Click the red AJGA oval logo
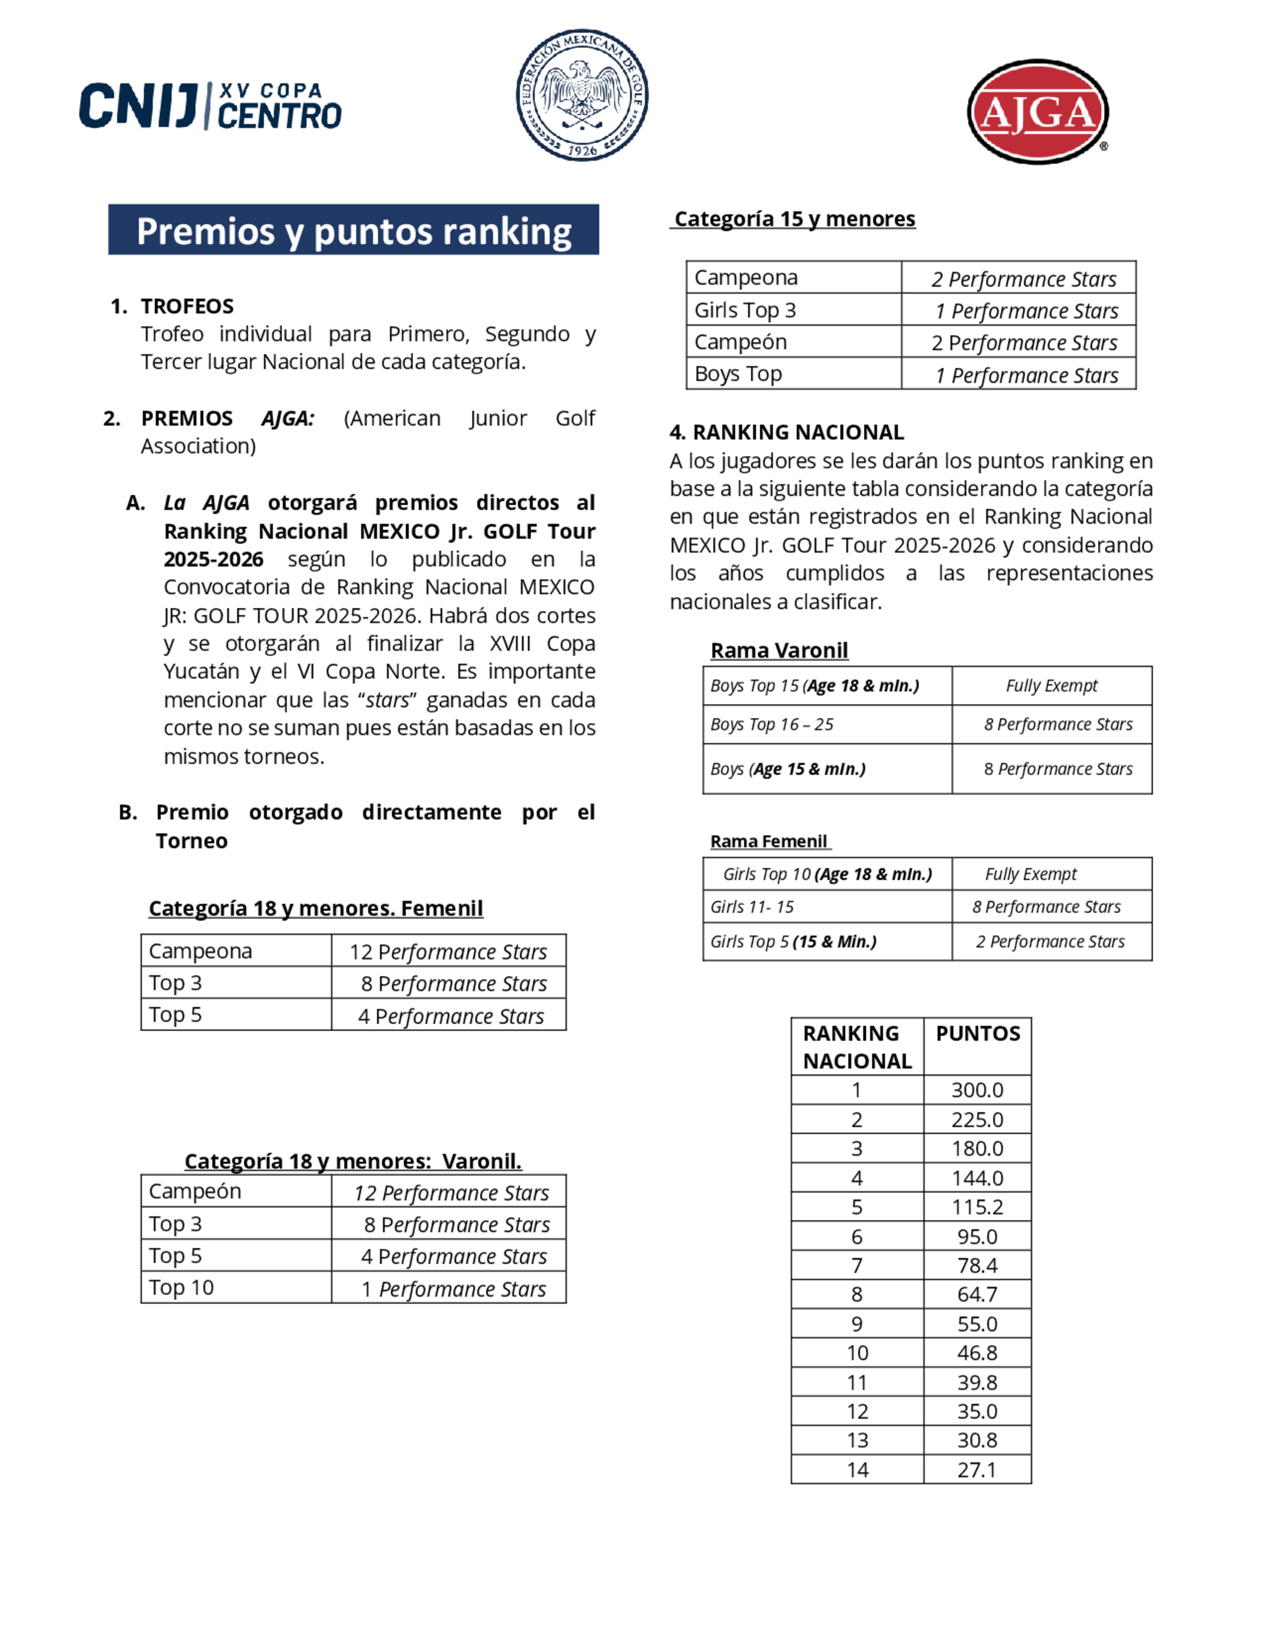point(1038,113)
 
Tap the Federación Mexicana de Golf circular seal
point(583,95)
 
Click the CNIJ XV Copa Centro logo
point(211,106)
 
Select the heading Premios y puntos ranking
point(353,230)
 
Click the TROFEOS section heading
point(187,306)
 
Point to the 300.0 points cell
point(977,1090)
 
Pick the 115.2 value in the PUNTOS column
point(977,1207)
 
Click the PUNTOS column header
point(977,1034)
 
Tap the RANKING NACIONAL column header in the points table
point(856,1047)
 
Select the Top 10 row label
point(182,1288)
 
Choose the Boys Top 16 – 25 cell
point(772,725)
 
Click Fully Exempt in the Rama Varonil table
point(1051,686)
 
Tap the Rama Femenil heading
point(769,842)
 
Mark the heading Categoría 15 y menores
point(794,219)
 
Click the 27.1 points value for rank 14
point(977,1470)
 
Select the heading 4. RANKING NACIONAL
point(787,433)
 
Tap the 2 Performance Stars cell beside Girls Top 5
point(1050,941)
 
